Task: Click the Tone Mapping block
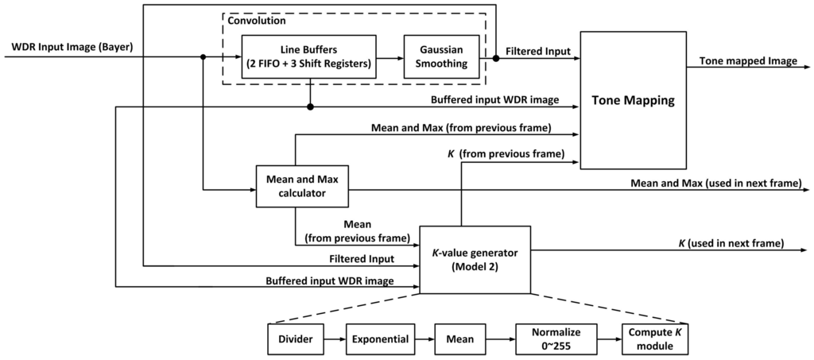click(634, 100)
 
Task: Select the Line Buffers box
click(309, 57)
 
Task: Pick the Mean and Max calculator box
click(302, 186)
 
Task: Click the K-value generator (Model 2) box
click(474, 258)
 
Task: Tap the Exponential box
click(381, 339)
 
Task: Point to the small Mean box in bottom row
click(459, 339)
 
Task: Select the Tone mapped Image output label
click(747, 61)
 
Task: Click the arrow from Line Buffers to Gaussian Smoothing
click(390, 57)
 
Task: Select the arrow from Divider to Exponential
click(335, 339)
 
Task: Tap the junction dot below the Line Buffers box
click(309, 106)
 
